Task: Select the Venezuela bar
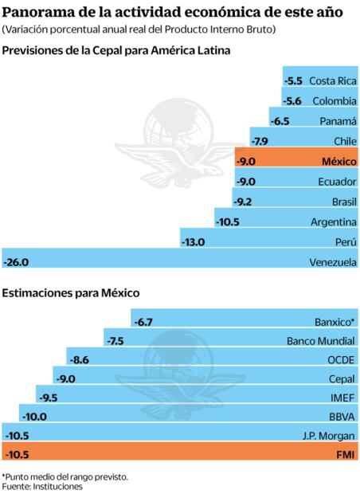(179, 261)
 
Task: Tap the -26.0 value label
(17, 261)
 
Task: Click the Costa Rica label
(332, 80)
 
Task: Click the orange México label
(337, 161)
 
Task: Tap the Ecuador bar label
(335, 181)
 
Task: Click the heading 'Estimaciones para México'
(72, 292)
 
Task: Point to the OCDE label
(341, 359)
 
